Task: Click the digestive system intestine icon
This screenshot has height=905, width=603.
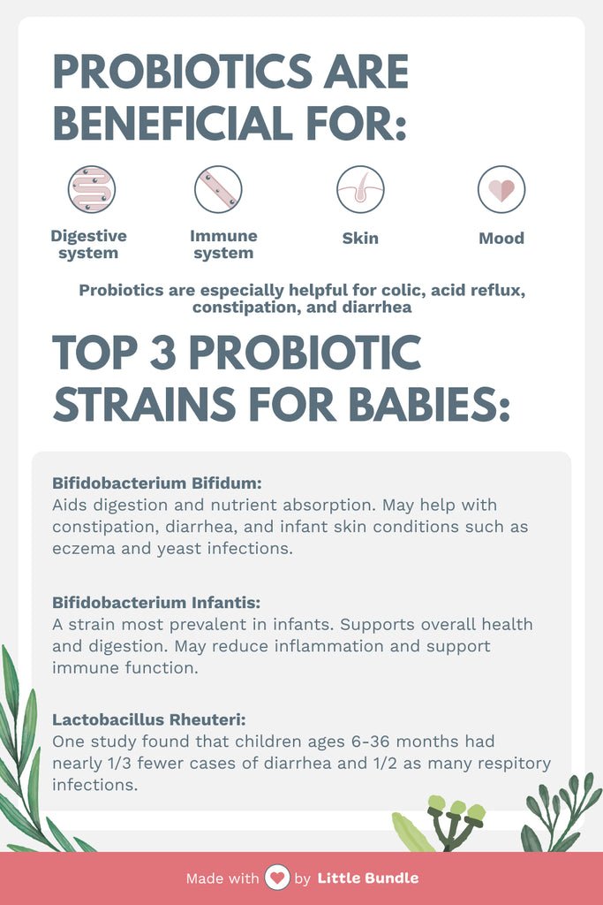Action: [92, 189]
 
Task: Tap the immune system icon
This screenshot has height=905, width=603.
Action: [218, 189]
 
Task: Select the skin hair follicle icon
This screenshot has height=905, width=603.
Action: [360, 189]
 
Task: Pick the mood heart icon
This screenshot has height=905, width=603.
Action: [501, 189]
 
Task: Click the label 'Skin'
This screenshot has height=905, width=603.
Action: [360, 238]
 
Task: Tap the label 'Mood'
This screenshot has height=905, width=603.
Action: [501, 238]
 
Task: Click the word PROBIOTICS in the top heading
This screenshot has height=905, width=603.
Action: [183, 72]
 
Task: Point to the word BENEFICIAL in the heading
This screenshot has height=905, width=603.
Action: [172, 123]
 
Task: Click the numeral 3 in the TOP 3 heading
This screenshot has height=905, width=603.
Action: [162, 353]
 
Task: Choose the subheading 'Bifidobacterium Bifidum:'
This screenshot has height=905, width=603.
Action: [157, 483]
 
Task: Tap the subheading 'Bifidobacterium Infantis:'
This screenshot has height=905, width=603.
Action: [156, 603]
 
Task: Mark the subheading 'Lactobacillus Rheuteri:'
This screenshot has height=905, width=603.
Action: [148, 719]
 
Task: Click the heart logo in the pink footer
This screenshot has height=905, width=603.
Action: [276, 878]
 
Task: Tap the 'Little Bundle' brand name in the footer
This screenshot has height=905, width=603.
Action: [368, 878]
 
